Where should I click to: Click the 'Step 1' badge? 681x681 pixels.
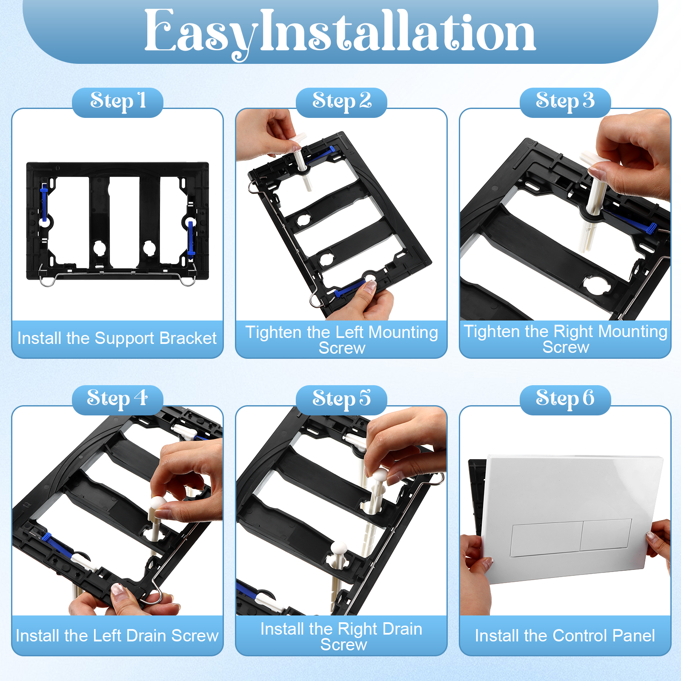point(117,103)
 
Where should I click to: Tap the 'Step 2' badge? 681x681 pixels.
point(341,103)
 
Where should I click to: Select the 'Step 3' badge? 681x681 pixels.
point(565,103)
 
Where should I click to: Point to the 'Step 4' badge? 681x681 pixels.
point(117,400)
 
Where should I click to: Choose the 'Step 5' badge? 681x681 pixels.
point(341,400)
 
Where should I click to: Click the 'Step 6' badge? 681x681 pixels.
point(565,400)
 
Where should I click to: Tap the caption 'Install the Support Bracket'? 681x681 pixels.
point(117,338)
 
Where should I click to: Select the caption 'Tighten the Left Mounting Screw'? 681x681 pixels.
point(342,340)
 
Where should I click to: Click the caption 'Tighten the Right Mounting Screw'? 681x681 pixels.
point(566,339)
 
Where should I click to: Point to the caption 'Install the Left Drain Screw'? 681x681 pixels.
point(117,635)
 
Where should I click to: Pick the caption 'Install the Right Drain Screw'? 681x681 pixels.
point(342,637)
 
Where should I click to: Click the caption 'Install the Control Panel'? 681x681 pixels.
point(565,635)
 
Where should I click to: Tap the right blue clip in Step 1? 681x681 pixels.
point(191,238)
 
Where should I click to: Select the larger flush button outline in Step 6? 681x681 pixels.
point(547,540)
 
